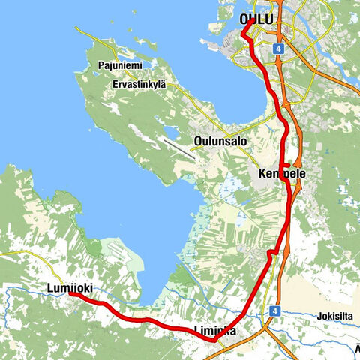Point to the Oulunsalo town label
pos(220,141)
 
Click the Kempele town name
pos(278,174)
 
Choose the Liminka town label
pos(215,330)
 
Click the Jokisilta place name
pos(334,315)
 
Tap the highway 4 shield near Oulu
pos(279,47)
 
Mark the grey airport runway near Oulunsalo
pos(178,147)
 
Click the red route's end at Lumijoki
pos(73,295)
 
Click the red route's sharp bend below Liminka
pos(214,340)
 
